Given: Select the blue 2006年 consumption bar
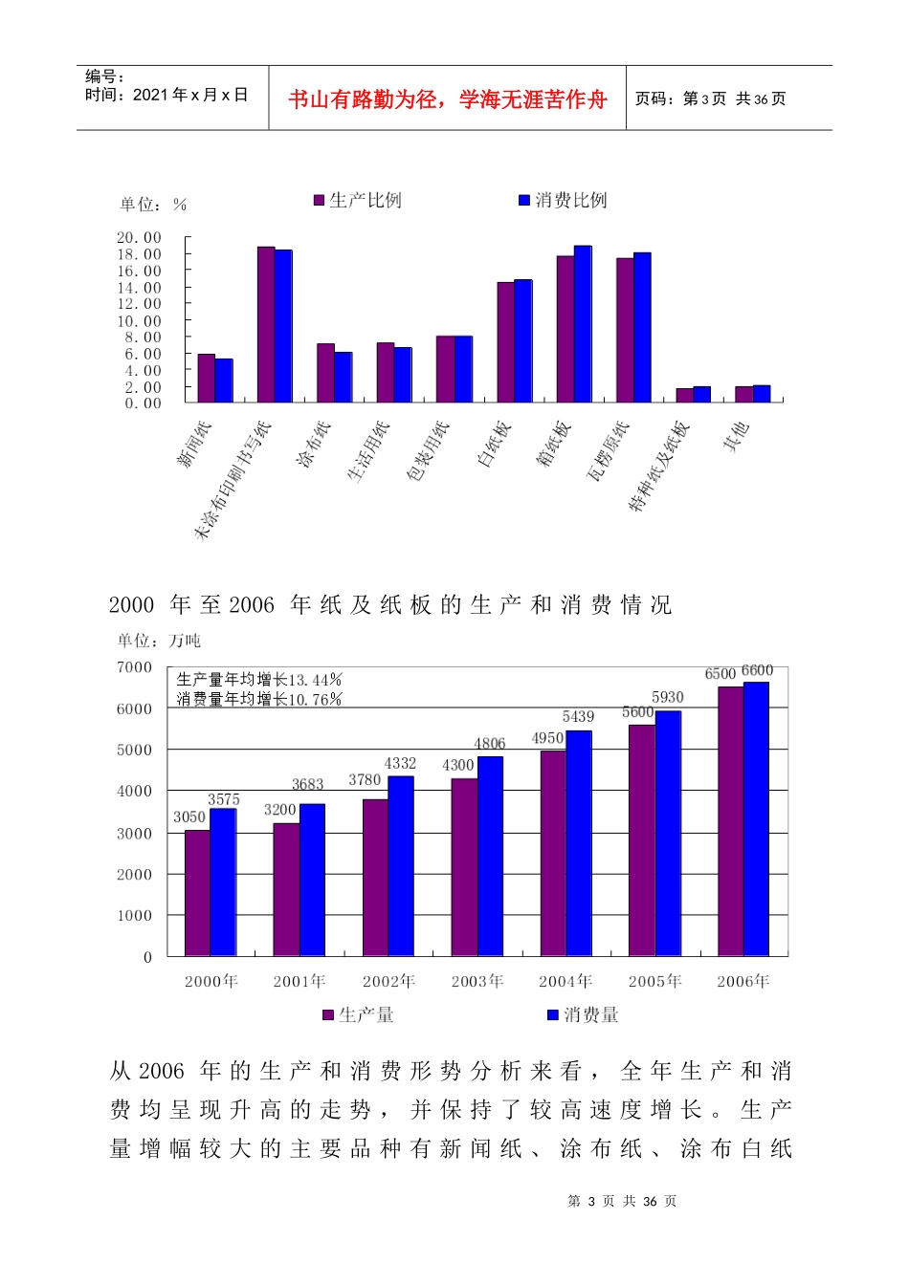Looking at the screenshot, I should pyautogui.click(x=756, y=818).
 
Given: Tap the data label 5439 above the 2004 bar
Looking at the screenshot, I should pyautogui.click(x=578, y=717).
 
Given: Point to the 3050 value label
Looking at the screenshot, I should pyautogui.click(x=189, y=817).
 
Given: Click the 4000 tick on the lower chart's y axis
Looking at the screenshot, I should pyautogui.click(x=134, y=792).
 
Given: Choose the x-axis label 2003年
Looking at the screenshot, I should pyautogui.click(x=477, y=981).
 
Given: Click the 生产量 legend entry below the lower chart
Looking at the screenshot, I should pyautogui.click(x=359, y=1014).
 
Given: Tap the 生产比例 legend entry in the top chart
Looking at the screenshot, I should pyautogui.click(x=358, y=200).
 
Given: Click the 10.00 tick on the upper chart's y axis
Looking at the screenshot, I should pyautogui.click(x=140, y=321).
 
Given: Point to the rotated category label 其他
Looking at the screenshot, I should pyautogui.click(x=737, y=437).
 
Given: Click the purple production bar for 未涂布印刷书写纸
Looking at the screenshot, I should pyautogui.click(x=266, y=324).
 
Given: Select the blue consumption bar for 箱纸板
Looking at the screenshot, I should pyautogui.click(x=583, y=324).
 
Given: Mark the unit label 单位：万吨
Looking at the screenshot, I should pyautogui.click(x=159, y=641).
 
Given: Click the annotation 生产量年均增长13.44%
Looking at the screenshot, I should pyautogui.click(x=259, y=680).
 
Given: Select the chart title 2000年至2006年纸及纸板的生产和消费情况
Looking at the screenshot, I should pyautogui.click(x=390, y=605).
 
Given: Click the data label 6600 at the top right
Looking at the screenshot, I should pyautogui.click(x=757, y=671).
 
